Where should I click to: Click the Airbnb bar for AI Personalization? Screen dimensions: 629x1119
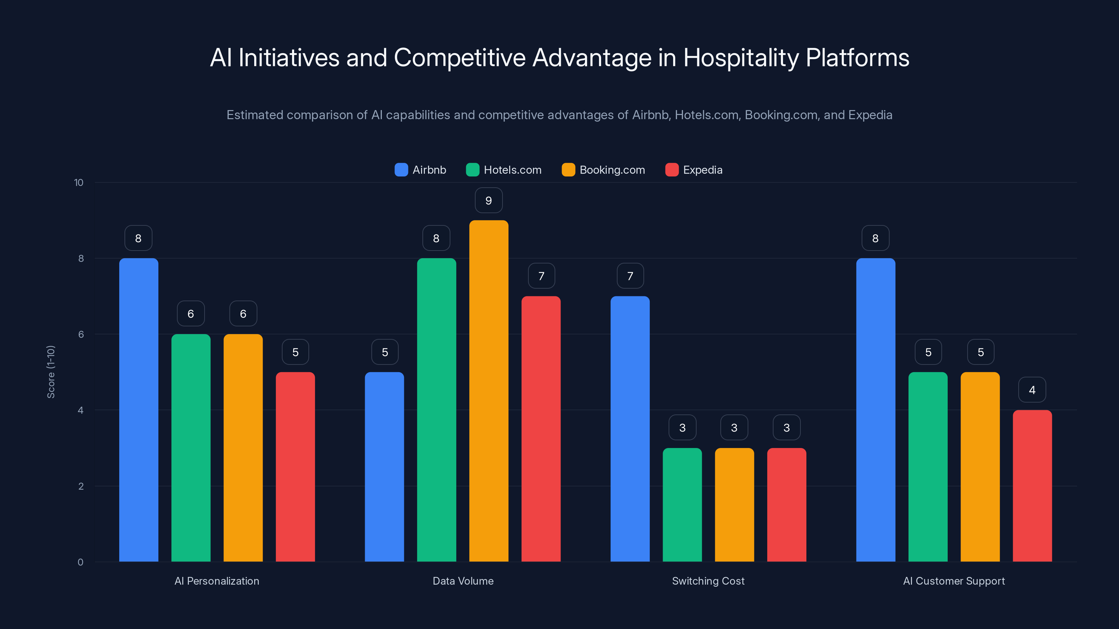point(138,410)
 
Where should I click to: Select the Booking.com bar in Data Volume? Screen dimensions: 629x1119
point(489,391)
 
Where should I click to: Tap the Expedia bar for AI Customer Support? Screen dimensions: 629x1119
point(1032,486)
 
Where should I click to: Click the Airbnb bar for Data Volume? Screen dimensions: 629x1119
point(384,467)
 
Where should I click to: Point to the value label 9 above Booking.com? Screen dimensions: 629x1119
point(489,201)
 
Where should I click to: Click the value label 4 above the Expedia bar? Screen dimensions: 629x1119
point(1032,390)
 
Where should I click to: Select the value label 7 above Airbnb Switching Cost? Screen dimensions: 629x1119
point(630,276)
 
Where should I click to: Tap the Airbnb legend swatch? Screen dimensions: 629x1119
point(401,170)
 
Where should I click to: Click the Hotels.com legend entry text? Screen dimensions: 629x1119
point(513,170)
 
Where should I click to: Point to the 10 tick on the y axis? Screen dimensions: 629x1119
point(79,182)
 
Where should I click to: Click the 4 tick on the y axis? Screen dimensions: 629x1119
point(80,410)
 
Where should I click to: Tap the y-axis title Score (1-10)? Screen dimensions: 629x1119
point(51,372)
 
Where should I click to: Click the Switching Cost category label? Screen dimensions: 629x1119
point(708,581)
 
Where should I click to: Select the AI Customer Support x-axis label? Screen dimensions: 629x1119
point(954,581)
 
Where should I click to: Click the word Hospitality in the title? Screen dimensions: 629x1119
point(741,58)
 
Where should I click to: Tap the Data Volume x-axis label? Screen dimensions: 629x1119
point(463,581)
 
